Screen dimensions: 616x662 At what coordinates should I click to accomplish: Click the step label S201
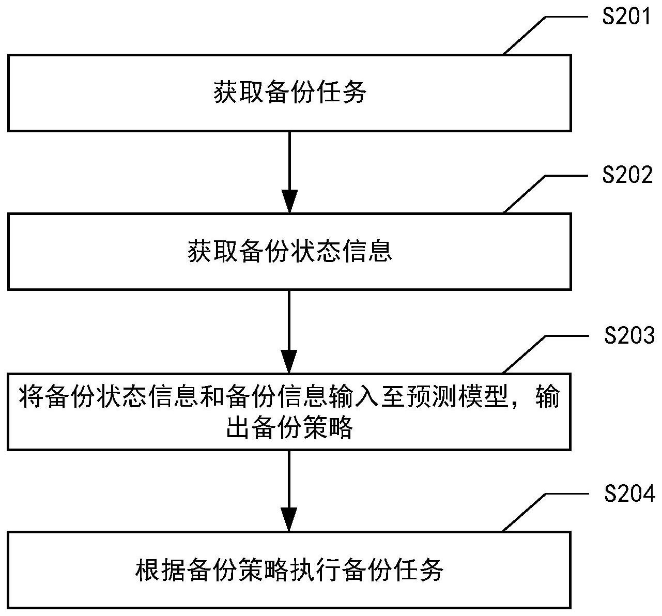pos(627,17)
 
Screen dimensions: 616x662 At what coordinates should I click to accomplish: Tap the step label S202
pos(627,176)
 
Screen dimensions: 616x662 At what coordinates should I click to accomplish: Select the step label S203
pos(629,336)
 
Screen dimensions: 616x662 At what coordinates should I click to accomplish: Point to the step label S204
pos(629,494)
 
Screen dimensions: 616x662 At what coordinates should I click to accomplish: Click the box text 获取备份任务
pos(290,94)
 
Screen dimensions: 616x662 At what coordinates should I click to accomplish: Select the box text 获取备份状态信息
pos(290,252)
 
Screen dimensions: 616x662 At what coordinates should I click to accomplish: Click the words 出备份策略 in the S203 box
pos(290,428)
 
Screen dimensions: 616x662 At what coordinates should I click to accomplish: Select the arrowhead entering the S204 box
pos(289,519)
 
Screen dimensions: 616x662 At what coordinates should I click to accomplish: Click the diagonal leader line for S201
pos(525,35)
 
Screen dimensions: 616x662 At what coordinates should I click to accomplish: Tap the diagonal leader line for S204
pos(525,512)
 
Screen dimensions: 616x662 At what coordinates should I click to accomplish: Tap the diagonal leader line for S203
pos(525,353)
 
